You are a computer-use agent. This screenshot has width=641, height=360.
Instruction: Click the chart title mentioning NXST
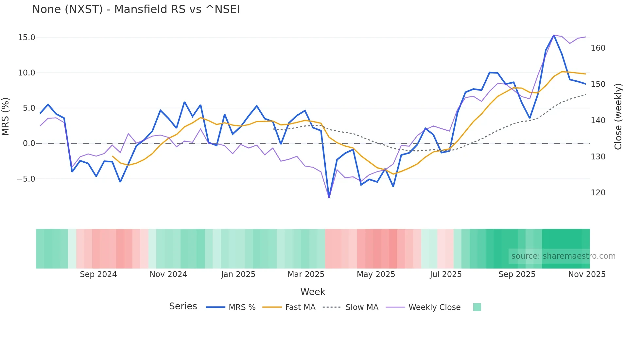pyautogui.click(x=136, y=9)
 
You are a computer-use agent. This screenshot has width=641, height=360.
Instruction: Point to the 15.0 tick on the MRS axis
pyautogui.click(x=26, y=38)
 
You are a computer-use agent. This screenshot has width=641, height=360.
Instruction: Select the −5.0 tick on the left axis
pyautogui.click(x=26, y=179)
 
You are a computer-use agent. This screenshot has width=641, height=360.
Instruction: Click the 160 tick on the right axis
pyautogui.click(x=598, y=48)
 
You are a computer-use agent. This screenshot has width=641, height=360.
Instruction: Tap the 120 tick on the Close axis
pyautogui.click(x=598, y=193)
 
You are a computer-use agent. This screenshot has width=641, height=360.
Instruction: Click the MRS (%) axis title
pyautogui.click(x=6, y=116)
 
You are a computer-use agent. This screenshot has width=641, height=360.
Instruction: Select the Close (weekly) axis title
pyautogui.click(x=618, y=117)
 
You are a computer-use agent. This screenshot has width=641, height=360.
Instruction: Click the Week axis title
pyautogui.click(x=313, y=292)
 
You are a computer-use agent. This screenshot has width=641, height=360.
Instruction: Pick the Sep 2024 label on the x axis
pyautogui.click(x=98, y=274)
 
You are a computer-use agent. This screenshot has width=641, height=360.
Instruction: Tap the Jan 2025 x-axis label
pyautogui.click(x=238, y=274)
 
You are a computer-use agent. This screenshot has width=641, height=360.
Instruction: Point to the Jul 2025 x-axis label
pyautogui.click(x=445, y=274)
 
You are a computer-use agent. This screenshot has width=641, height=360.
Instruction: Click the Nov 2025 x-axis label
pyautogui.click(x=587, y=274)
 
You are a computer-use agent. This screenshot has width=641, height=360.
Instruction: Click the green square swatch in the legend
pyautogui.click(x=477, y=307)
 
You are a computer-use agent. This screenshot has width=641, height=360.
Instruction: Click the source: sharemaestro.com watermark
pyautogui.click(x=563, y=256)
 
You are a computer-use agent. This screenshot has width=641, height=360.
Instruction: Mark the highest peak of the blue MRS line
pyautogui.click(x=554, y=35)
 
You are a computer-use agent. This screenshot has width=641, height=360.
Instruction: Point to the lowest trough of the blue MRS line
pyautogui.click(x=329, y=197)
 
